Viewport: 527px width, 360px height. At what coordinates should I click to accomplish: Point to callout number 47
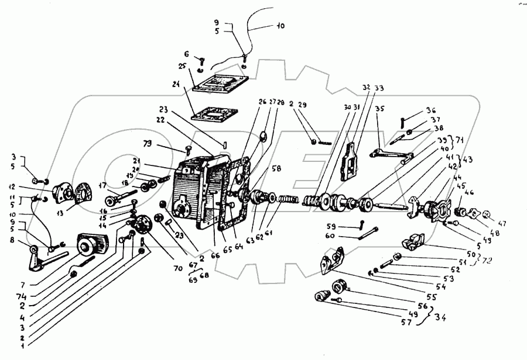coord(503,223)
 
